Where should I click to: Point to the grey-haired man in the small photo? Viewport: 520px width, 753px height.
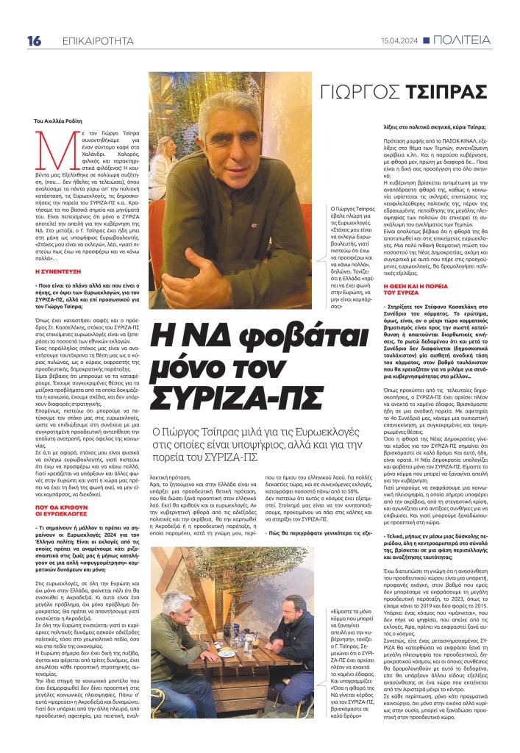pyautogui.click(x=179, y=647)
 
